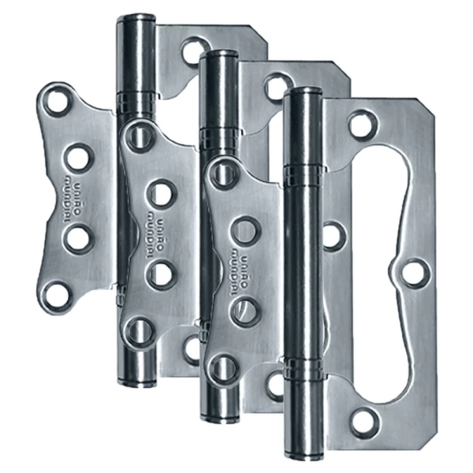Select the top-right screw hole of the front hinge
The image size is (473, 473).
click(362, 123)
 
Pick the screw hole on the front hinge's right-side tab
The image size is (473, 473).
click(415, 273)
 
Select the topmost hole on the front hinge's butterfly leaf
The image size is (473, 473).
click(223, 173)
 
